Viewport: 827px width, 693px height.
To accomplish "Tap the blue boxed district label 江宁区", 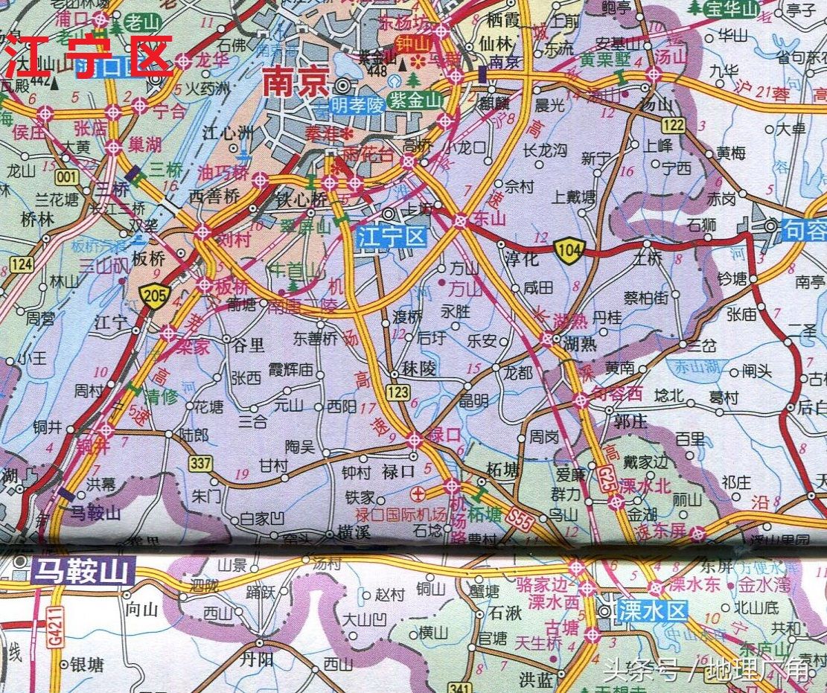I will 391,237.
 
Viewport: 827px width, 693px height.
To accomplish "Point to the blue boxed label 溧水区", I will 653,612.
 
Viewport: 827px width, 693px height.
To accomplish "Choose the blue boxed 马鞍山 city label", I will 83,572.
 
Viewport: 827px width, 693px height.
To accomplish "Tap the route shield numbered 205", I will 156,296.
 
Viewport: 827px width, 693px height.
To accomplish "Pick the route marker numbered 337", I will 200,463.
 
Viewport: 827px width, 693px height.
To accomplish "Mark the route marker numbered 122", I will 672,124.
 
